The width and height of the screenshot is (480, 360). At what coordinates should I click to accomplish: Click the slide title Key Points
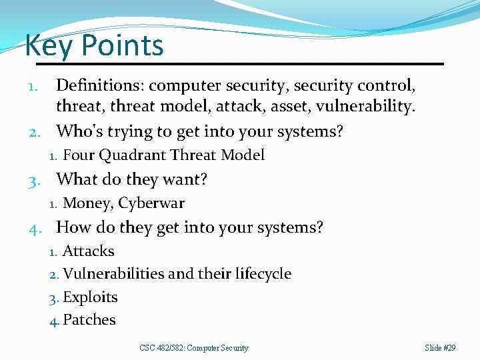click(94, 46)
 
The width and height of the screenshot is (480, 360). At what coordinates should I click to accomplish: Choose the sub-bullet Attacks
click(88, 251)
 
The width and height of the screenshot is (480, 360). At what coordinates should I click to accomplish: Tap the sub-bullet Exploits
click(90, 297)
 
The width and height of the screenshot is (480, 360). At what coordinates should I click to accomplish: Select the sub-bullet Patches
click(89, 320)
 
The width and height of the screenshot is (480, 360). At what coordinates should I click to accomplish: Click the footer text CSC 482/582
click(163, 348)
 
